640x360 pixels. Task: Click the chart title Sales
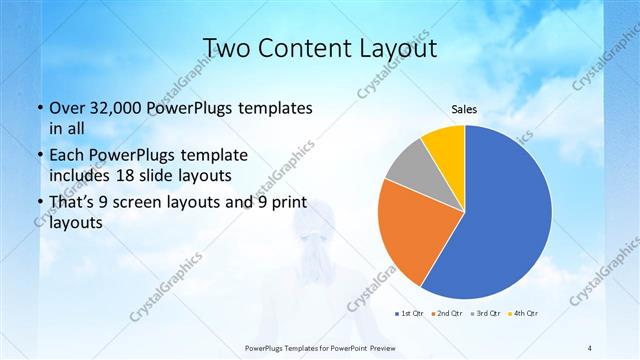pyautogui.click(x=464, y=109)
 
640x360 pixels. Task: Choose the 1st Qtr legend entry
pyautogui.click(x=410, y=313)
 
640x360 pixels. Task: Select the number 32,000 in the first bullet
pyautogui.click(x=116, y=107)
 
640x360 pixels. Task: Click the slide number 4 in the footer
pyautogui.click(x=589, y=347)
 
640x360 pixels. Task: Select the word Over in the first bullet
pyautogui.click(x=68, y=107)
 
